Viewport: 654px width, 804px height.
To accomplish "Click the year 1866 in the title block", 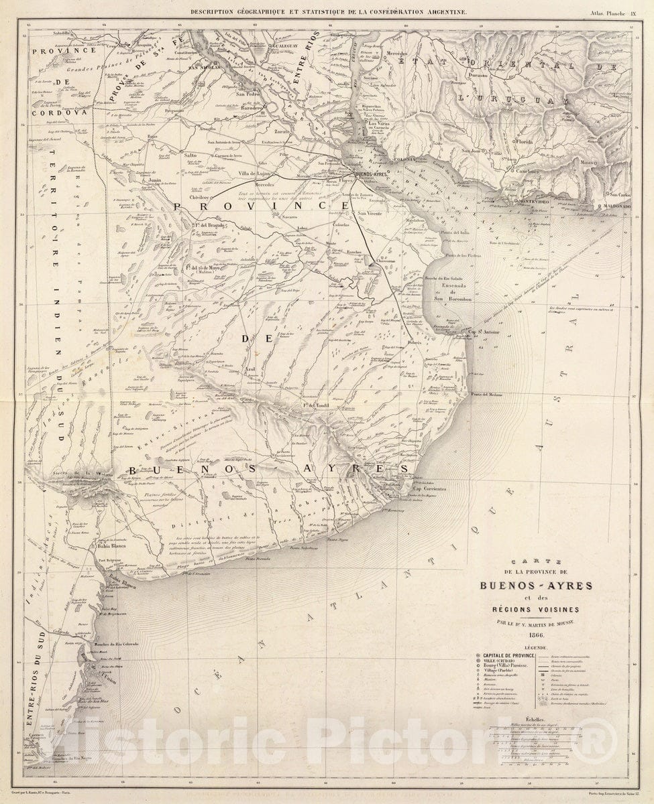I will click(x=536, y=635).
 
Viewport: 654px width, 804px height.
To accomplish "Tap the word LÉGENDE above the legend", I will click(x=536, y=648).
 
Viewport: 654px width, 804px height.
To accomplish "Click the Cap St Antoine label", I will click(x=484, y=331).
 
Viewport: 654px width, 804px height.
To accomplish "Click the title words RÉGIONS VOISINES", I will click(x=536, y=609).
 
